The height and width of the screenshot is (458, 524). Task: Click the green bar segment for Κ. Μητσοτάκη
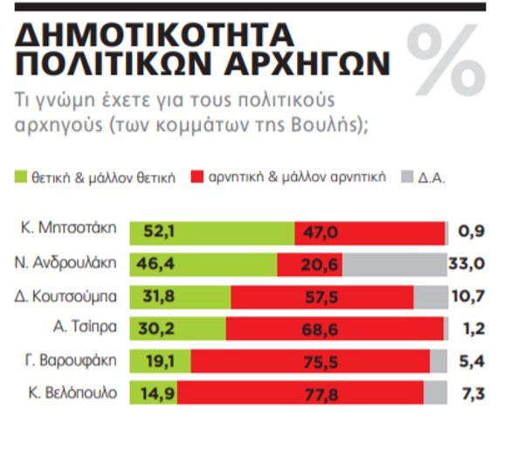[211, 232]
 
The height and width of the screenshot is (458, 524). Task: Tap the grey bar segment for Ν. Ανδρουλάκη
[395, 264]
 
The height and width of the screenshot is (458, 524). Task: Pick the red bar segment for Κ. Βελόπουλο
[307, 392]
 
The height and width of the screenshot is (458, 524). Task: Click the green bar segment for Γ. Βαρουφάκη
[160, 361]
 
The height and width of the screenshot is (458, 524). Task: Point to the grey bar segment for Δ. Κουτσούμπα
[431, 296]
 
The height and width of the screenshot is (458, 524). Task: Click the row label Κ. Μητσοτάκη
[69, 232]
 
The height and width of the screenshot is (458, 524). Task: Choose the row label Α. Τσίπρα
[84, 329]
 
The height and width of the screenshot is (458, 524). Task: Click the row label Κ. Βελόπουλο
[70, 392]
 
